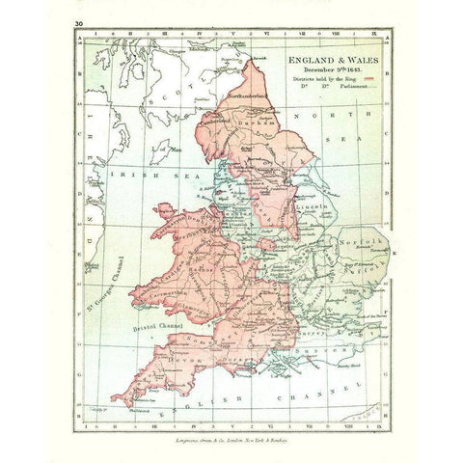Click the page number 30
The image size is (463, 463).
coord(76,21)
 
